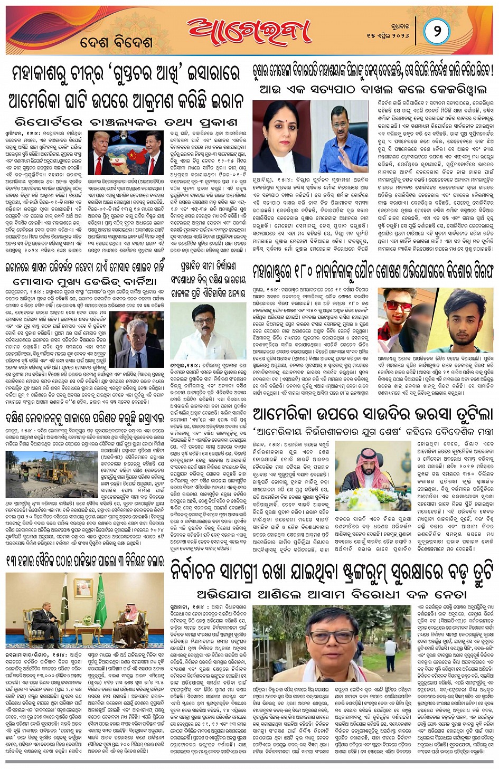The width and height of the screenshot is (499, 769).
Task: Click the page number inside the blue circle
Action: tap(437, 31)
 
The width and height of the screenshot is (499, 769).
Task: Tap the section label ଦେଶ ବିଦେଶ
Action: tap(117, 43)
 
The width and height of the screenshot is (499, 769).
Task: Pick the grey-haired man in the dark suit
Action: tap(138, 338)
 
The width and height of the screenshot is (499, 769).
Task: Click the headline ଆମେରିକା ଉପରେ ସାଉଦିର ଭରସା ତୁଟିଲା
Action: tap(372, 413)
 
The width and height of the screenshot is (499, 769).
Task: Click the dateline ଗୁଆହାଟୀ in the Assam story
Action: tap(182, 607)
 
